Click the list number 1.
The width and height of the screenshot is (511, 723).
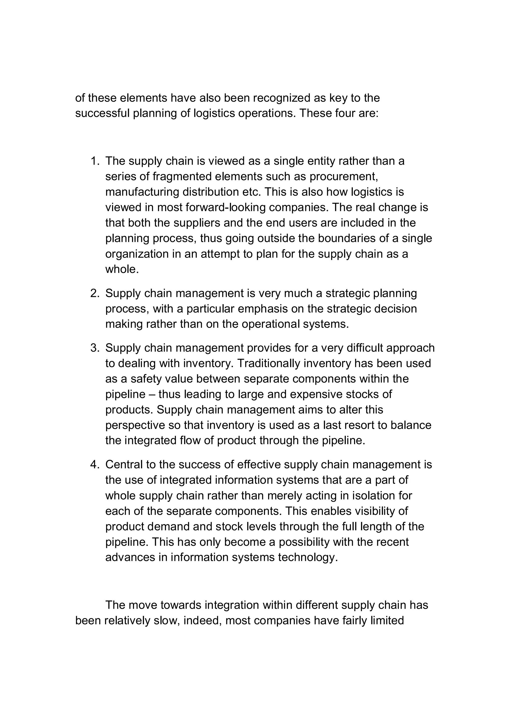pyautogui.click(x=95, y=161)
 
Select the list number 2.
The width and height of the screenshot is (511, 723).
pyautogui.click(x=95, y=293)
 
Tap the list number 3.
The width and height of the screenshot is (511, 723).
pyautogui.click(x=95, y=348)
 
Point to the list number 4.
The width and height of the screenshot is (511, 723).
pyautogui.click(x=95, y=465)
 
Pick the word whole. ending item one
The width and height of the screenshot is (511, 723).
pyautogui.click(x=122, y=269)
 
